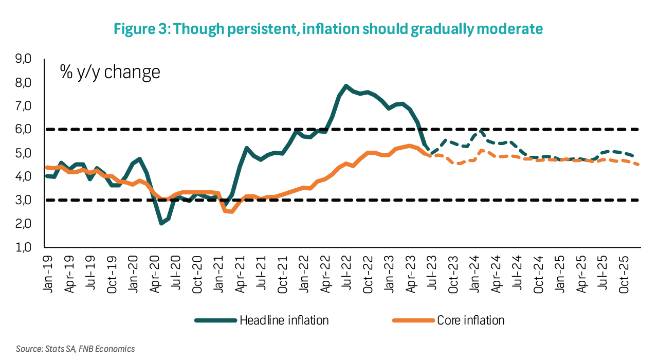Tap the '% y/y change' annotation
110,71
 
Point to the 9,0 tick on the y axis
24,59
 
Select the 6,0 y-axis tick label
24,130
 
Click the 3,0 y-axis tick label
24,200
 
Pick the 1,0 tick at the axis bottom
24,247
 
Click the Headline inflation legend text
284,320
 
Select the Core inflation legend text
471,320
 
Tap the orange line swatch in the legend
412,320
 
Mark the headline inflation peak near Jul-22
346,86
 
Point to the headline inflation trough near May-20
161,223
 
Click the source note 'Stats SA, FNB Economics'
75,349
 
